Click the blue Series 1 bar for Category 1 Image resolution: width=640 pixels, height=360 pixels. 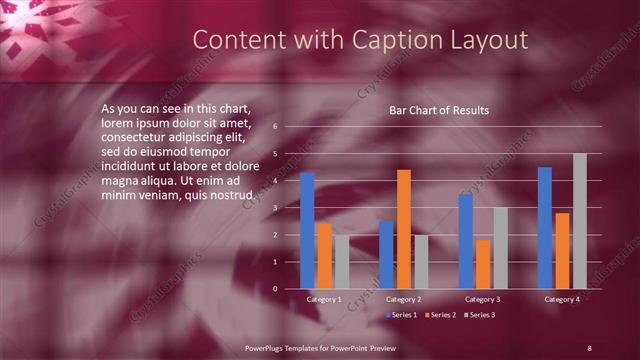pyautogui.click(x=307, y=230)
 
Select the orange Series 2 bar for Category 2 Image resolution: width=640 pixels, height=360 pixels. pyautogui.click(x=403, y=229)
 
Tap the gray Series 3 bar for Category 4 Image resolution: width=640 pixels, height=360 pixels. pyautogui.click(x=580, y=221)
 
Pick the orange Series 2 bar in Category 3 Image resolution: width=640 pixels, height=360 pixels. pyautogui.click(x=483, y=264)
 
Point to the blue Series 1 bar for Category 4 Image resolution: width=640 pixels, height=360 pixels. pyautogui.click(x=545, y=227)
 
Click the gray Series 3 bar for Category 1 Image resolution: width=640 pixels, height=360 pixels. pyautogui.click(x=342, y=262)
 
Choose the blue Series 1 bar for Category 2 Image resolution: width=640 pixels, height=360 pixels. pyautogui.click(x=386, y=254)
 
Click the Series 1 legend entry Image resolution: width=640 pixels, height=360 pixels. pyautogui.click(x=403, y=316)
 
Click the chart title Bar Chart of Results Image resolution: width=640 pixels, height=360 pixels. pyautogui.click(x=439, y=110)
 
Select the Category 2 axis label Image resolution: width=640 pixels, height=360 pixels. pyautogui.click(x=403, y=299)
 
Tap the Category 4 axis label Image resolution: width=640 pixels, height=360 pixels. pyautogui.click(x=562, y=299)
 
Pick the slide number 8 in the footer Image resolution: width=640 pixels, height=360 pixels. pyautogui.click(x=589, y=347)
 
